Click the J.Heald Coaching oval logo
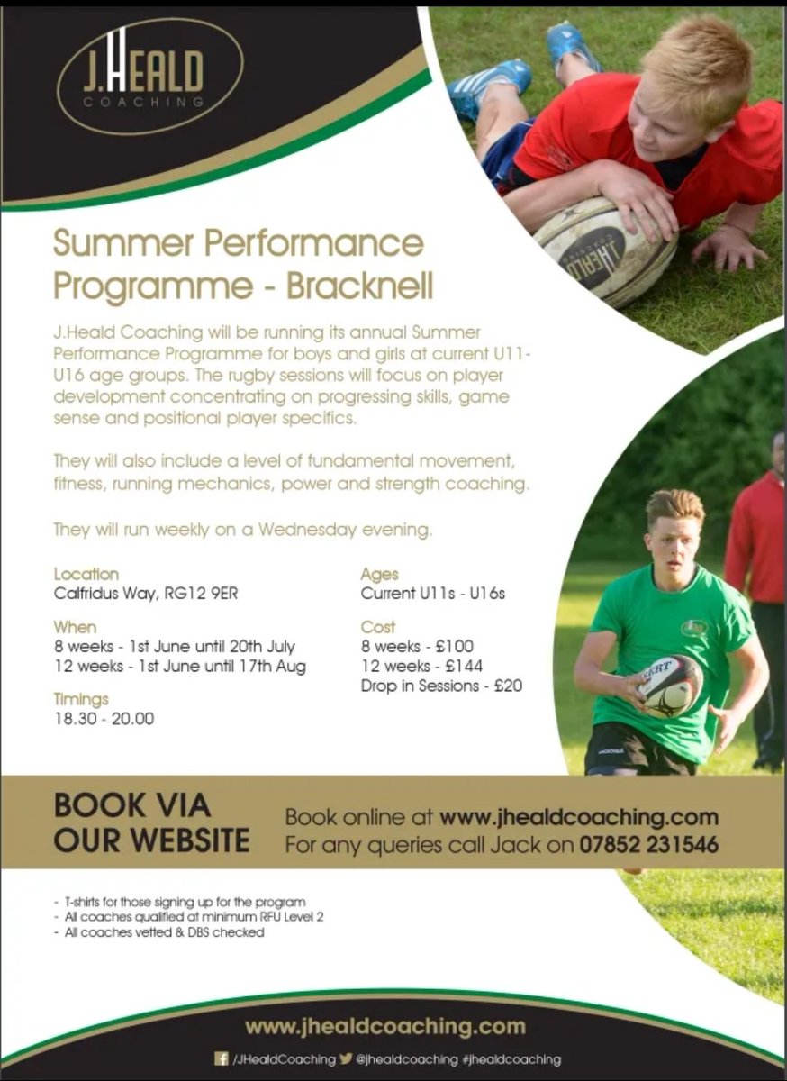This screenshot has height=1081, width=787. (x=149, y=77)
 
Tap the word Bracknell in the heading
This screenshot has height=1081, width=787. (x=360, y=285)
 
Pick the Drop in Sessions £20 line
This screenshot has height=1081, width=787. (x=441, y=686)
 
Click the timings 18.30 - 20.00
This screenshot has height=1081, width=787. (x=104, y=719)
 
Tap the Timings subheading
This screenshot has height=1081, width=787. (x=81, y=698)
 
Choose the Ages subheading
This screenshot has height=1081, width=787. (x=379, y=573)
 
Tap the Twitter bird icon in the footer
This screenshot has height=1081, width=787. (x=346, y=1058)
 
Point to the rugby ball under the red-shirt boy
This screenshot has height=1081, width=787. (x=603, y=253)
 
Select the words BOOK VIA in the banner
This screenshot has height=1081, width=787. (x=132, y=804)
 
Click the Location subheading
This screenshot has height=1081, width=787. (x=86, y=573)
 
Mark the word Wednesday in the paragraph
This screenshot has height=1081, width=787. (x=310, y=530)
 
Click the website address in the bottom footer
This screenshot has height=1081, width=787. (x=384, y=1026)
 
